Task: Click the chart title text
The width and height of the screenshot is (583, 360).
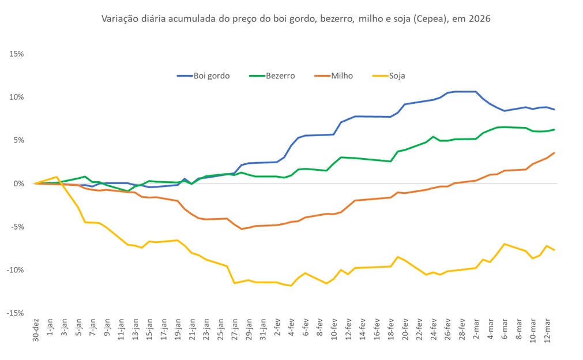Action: tap(296, 19)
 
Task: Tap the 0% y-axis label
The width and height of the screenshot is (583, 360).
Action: tap(17, 183)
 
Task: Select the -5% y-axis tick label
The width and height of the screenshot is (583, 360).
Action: tap(16, 227)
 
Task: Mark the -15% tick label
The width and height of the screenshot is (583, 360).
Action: tap(14, 313)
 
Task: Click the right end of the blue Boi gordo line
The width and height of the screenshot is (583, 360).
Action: tap(554, 110)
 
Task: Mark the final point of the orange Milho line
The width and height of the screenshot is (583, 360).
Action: tap(554, 153)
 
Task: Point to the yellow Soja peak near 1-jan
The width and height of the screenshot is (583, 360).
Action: tap(57, 177)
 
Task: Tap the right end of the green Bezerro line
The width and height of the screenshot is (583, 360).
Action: tap(554, 130)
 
